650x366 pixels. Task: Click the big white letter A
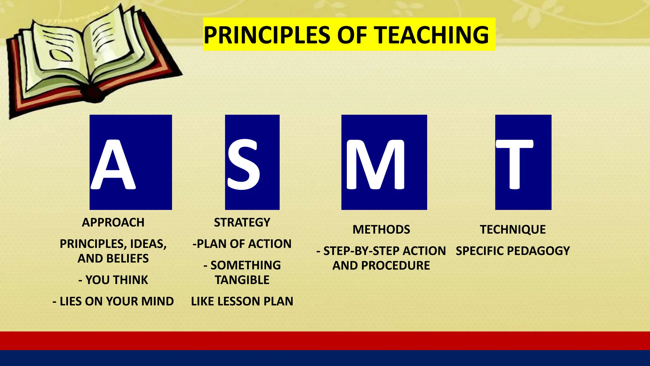[113, 165]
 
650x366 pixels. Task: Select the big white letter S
[244, 165]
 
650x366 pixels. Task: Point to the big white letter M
[375, 165]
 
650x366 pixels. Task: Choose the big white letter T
[514, 165]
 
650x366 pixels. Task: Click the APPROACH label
[113, 222]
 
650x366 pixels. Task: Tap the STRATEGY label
[242, 222]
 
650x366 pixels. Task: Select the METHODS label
[381, 229]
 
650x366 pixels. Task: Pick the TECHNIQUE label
[513, 229]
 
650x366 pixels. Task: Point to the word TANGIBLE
[242, 280]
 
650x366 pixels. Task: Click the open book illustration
[92, 60]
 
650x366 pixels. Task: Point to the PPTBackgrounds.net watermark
[76, 16]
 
